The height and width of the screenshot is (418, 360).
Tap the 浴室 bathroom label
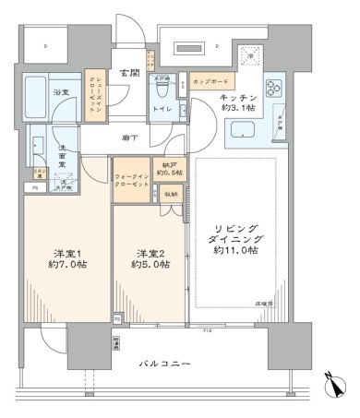pos(61,93)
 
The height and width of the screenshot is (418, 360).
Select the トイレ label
pos(162,109)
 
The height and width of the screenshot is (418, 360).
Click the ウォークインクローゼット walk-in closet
pos(130,179)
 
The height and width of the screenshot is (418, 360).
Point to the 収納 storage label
pos(172,194)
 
